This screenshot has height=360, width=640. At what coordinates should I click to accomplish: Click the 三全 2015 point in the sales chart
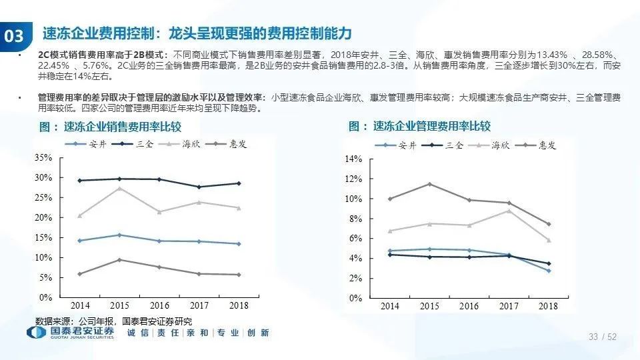tap(119, 179)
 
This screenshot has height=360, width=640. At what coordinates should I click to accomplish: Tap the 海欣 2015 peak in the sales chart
tap(119, 188)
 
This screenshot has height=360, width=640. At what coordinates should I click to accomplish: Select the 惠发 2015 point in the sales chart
tap(119, 259)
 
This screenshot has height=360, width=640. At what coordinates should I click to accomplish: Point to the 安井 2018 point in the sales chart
tap(239, 244)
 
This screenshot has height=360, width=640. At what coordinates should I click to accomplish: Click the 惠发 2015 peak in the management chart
tap(429, 184)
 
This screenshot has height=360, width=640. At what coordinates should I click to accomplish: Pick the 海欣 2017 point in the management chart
tap(509, 211)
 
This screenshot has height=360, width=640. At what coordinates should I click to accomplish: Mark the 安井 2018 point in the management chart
tap(548, 271)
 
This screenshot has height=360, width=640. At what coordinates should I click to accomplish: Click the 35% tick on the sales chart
tap(43, 158)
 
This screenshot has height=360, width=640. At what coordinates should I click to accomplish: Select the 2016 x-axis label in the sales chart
tap(159, 305)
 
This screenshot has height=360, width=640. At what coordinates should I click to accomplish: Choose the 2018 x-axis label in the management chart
tap(548, 306)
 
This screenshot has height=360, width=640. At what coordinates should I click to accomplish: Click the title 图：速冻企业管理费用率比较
tap(419, 127)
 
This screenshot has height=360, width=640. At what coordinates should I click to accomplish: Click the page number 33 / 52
tap(602, 337)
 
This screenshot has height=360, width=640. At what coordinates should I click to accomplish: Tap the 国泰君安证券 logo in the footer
tap(70, 333)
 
